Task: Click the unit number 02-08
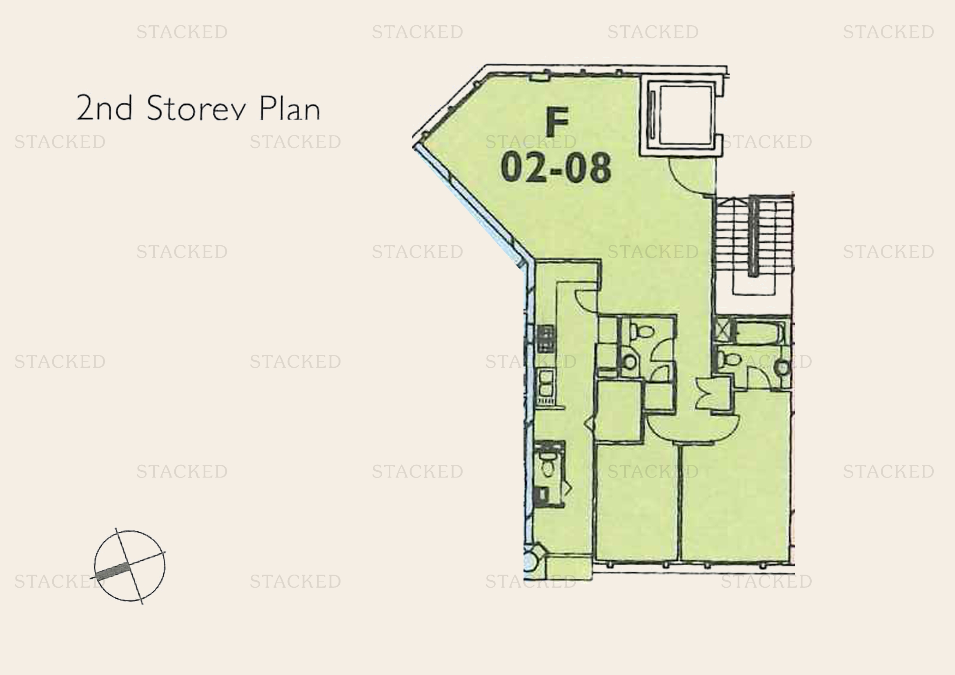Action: [556, 167]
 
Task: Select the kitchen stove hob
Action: [546, 338]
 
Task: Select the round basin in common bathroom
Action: [630, 361]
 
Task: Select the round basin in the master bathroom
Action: [783, 367]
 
